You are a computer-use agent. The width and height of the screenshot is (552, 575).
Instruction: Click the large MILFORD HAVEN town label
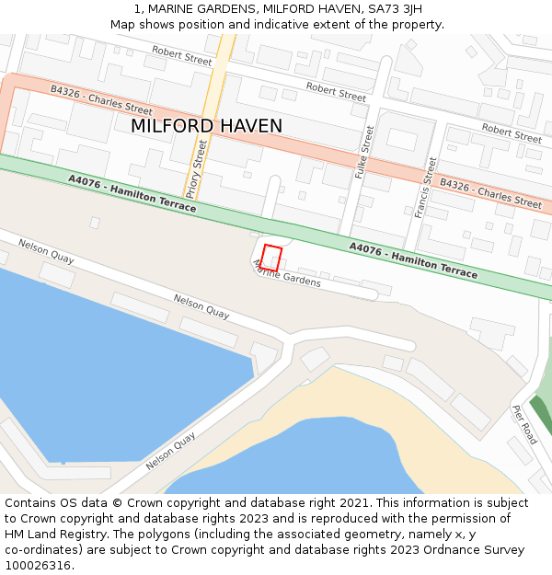[x=206, y=126]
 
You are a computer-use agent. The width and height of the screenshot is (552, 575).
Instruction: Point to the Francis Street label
[x=425, y=187]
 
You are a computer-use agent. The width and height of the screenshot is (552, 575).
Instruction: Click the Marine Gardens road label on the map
[x=287, y=273]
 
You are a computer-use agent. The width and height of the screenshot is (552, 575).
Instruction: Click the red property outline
[x=270, y=258]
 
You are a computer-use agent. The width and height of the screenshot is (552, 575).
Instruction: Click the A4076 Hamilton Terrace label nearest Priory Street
[x=132, y=193]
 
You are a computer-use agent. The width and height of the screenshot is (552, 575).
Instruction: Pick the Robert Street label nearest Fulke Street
[x=336, y=91]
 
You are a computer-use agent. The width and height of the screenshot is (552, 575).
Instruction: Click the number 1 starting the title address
[x=138, y=9]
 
